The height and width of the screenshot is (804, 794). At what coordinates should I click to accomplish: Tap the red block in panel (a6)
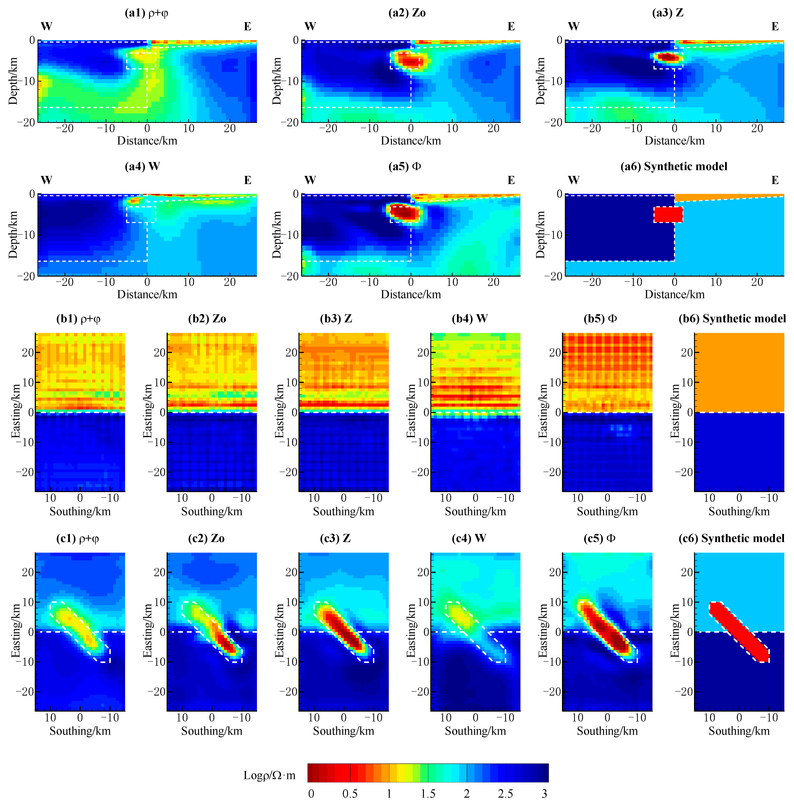(668, 214)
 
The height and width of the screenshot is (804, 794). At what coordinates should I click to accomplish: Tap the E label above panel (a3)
(775, 27)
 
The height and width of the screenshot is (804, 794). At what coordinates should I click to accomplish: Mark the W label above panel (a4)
(46, 180)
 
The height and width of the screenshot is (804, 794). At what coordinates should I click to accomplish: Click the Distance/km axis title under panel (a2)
(411, 141)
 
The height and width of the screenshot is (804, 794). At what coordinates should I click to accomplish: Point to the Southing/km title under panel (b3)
(343, 511)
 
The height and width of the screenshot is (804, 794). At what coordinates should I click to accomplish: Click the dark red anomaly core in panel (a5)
(403, 212)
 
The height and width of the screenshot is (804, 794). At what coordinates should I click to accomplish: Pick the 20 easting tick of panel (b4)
(423, 352)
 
